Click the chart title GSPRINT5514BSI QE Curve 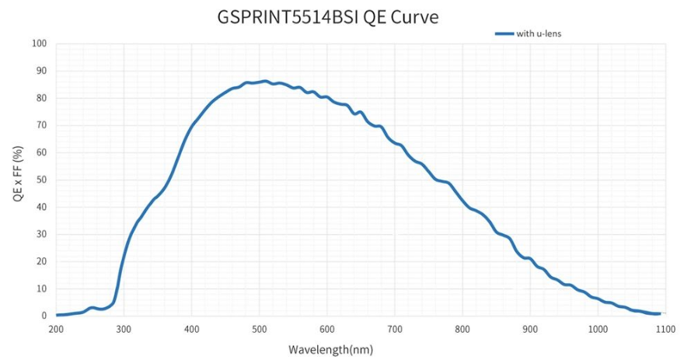[327, 16]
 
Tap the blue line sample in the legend [504, 33]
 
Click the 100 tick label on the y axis [40, 44]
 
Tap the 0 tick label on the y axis [44, 316]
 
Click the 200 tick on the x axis [56, 330]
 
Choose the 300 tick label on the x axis [124, 330]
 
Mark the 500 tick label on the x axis [259, 330]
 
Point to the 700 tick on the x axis [394, 330]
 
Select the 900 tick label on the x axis [530, 330]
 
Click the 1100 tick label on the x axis [665, 330]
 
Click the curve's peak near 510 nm [265, 81]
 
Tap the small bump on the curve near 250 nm [92, 308]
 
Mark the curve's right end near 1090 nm [658, 313]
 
